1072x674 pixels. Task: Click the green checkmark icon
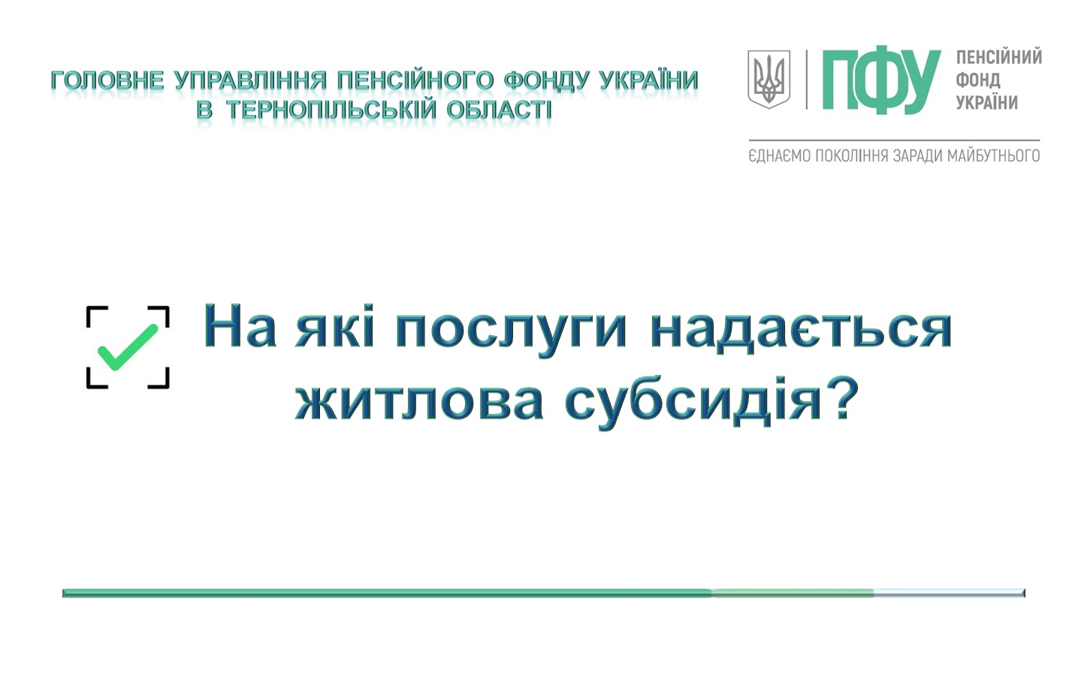(x=127, y=348)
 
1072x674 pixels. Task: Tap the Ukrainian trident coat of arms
(x=769, y=80)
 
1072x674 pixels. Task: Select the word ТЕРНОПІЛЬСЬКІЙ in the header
(x=331, y=110)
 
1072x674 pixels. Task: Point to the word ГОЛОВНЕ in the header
(x=107, y=80)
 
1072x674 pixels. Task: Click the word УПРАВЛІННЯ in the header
(x=251, y=80)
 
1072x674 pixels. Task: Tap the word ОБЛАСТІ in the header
(x=499, y=110)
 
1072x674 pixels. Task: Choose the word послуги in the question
(x=511, y=332)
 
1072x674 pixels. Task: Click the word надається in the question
(x=801, y=331)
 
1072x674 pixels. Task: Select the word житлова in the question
(x=418, y=401)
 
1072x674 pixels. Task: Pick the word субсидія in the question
(x=693, y=401)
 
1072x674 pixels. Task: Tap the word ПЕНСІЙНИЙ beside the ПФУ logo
(x=999, y=57)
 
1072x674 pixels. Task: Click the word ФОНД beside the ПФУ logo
(x=978, y=80)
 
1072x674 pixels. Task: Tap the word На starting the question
(x=240, y=326)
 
